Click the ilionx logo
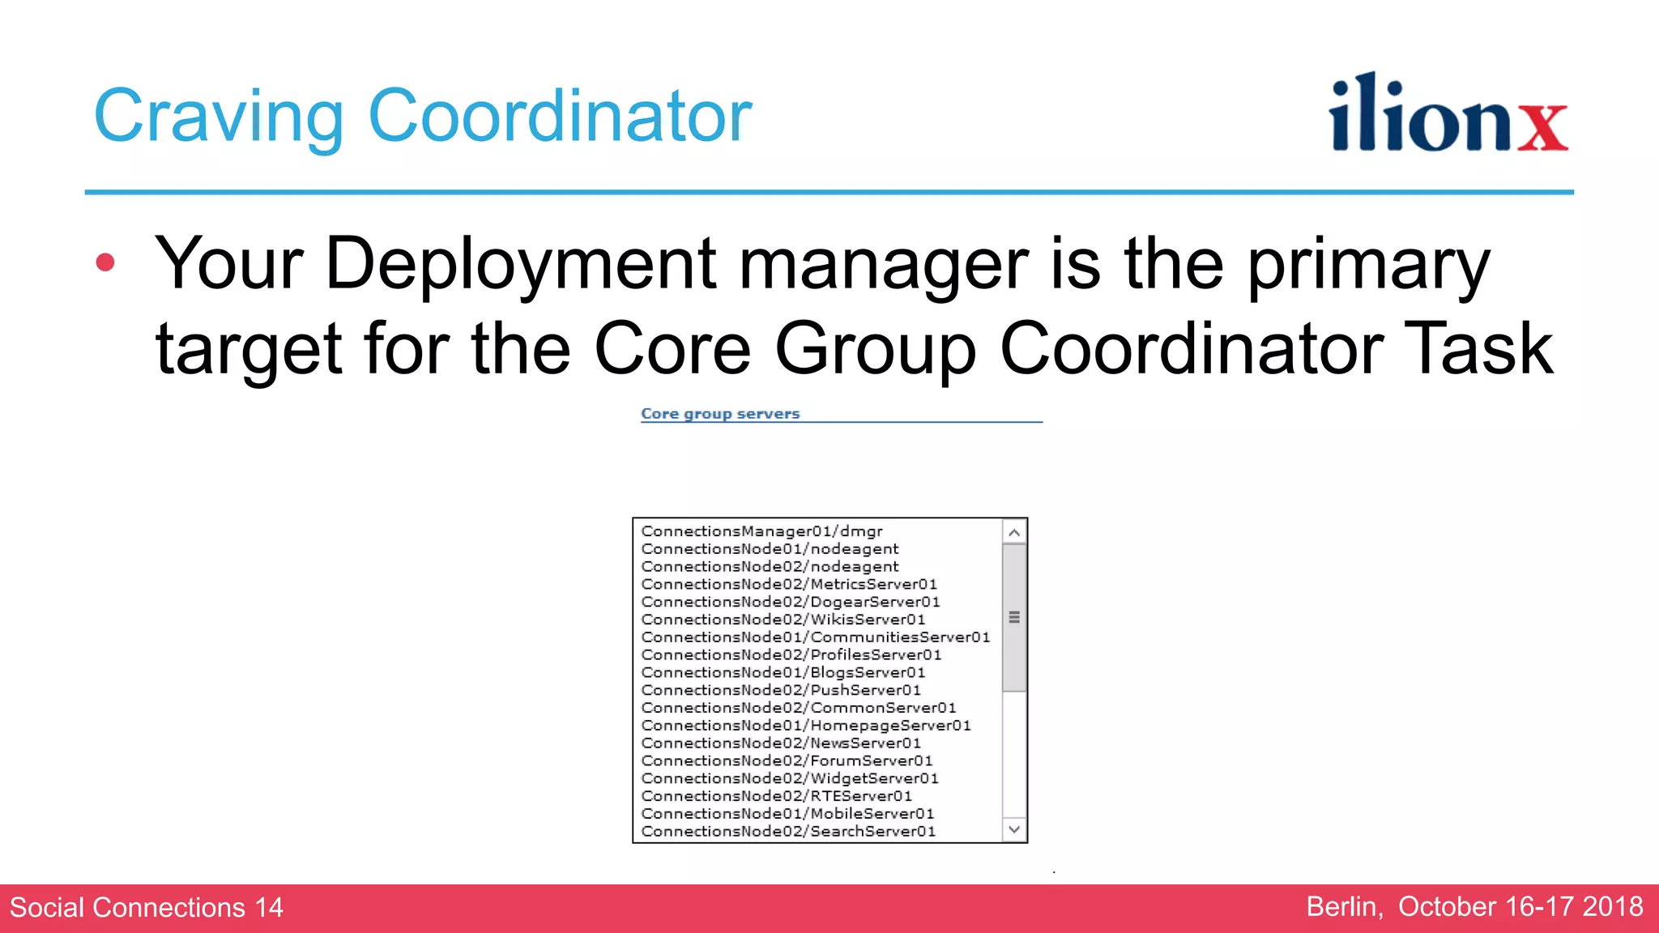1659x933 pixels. coord(1448,114)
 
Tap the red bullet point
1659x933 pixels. coord(105,262)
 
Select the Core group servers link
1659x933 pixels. coord(720,414)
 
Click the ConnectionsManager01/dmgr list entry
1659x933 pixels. coord(761,531)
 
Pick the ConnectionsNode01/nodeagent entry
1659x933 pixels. coord(770,549)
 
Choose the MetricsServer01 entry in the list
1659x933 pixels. coord(789,585)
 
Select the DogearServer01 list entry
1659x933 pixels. coord(791,603)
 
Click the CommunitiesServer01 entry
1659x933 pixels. coord(815,637)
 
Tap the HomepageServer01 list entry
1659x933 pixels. coord(806,726)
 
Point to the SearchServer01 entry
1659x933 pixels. coord(788,832)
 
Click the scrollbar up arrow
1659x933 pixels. coord(1013,533)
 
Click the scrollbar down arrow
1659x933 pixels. coord(1013,829)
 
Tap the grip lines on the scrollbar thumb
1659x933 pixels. coord(1013,618)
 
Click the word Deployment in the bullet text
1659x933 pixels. coord(520,264)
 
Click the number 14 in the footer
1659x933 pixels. coord(269,908)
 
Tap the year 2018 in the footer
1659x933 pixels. coord(1613,907)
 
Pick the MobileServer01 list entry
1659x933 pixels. coord(787,814)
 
